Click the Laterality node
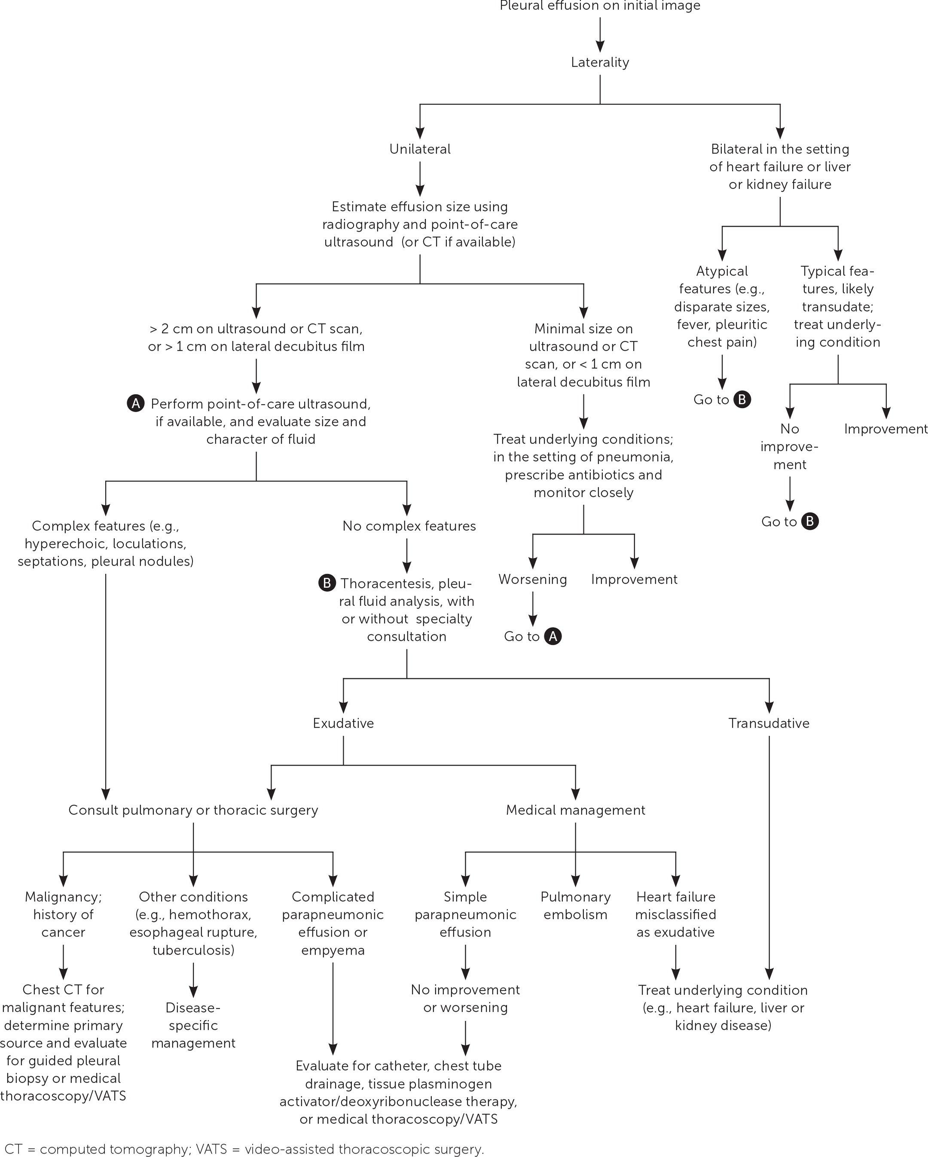click(x=600, y=62)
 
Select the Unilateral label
click(x=420, y=149)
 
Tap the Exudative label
click(x=343, y=723)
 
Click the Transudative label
click(x=769, y=723)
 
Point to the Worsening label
click(x=533, y=579)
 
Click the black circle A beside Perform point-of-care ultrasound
click(x=136, y=403)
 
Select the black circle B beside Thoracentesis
click(x=327, y=583)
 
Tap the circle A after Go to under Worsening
click(x=553, y=637)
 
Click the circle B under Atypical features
click(x=742, y=399)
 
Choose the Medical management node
click(x=576, y=810)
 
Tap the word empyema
click(x=333, y=950)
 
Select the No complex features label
click(x=409, y=526)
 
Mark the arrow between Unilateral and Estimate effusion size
click(x=420, y=179)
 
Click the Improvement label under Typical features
click(x=885, y=429)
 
